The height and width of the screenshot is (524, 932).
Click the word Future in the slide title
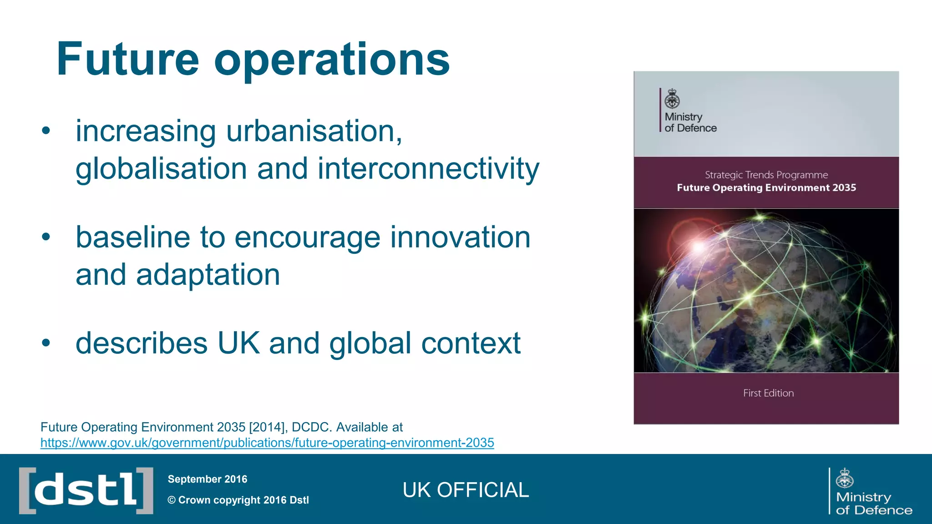(x=128, y=60)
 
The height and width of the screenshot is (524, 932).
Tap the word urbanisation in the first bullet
(x=314, y=131)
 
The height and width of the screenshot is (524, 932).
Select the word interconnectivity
(x=428, y=169)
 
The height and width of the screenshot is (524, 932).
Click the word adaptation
(x=208, y=275)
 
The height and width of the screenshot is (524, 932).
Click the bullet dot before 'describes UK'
(x=46, y=343)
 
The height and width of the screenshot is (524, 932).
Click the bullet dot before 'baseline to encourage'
(x=46, y=237)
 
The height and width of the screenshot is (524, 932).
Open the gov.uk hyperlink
(x=267, y=443)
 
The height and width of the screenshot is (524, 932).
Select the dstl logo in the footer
(x=86, y=490)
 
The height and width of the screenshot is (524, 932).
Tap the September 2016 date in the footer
(x=208, y=479)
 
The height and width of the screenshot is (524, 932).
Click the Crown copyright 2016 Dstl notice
(x=238, y=500)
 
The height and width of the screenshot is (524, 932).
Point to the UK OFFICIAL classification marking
(x=466, y=490)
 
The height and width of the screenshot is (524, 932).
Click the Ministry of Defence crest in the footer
(x=845, y=478)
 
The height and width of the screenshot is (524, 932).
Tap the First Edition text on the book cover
(x=768, y=393)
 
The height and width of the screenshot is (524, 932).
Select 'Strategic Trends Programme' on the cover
(x=766, y=175)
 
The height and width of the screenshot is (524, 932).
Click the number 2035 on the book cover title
(x=844, y=187)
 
